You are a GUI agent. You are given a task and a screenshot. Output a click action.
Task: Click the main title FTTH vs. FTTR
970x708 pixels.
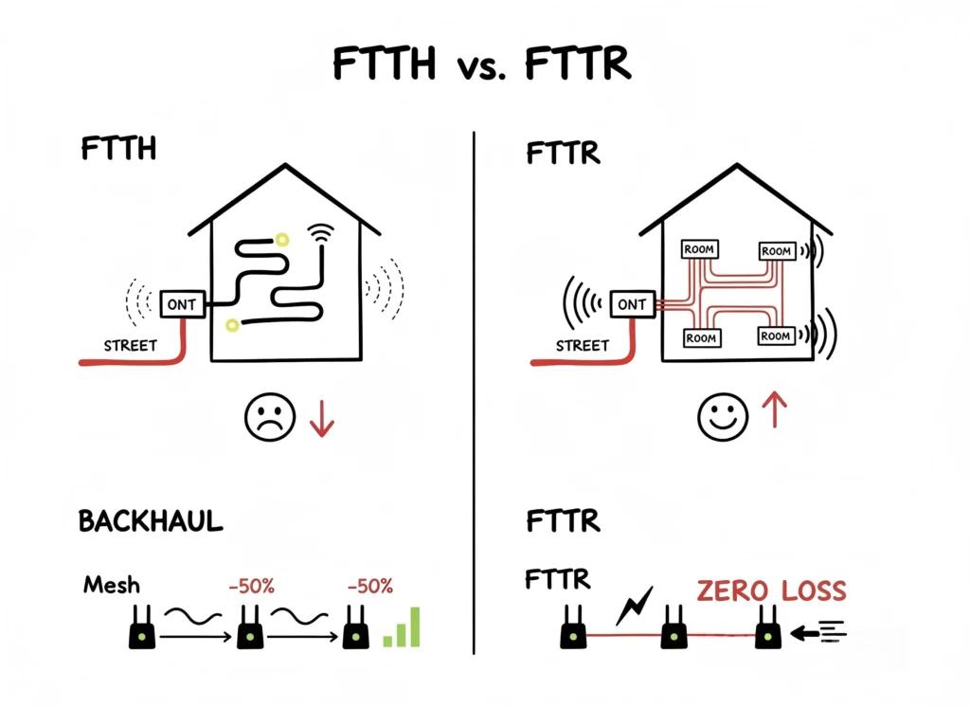(483, 64)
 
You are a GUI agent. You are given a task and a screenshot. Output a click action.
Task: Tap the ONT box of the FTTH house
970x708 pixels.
(180, 304)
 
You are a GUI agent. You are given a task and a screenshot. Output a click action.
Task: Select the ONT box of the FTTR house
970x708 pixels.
(631, 304)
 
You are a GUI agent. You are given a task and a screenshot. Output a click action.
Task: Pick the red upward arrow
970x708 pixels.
(775, 410)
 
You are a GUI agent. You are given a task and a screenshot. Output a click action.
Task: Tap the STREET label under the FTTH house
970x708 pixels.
(131, 345)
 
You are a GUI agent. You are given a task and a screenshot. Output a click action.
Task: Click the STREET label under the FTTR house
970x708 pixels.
(582, 345)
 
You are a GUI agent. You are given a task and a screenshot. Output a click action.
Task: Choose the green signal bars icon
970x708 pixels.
(402, 628)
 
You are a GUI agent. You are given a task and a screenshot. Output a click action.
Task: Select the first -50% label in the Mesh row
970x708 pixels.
(250, 587)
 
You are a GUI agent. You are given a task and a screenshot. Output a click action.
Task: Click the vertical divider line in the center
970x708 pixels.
(474, 379)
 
